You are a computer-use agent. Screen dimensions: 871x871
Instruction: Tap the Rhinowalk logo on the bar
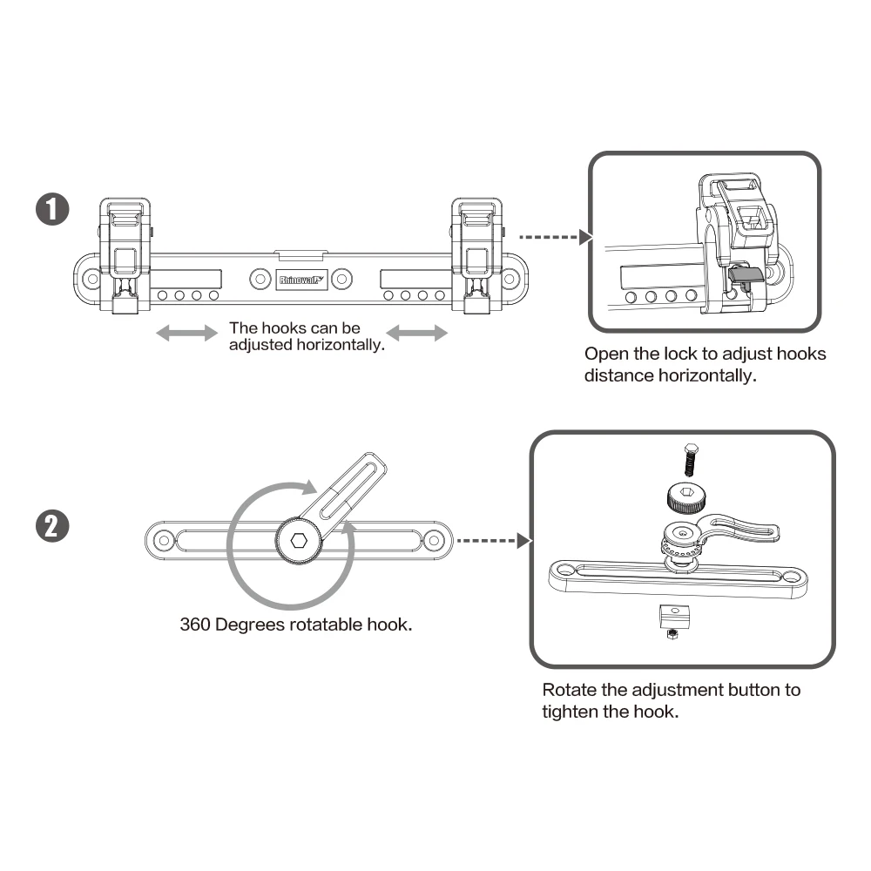tap(300, 280)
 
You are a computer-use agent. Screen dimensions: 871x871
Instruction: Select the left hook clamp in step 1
tap(125, 254)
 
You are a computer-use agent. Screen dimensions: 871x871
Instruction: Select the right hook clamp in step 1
tap(476, 254)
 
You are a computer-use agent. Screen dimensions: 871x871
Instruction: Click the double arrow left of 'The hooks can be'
tap(187, 334)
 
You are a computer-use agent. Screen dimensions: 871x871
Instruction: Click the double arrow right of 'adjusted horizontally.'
tap(416, 334)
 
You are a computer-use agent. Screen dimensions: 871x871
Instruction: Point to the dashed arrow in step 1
tap(548, 237)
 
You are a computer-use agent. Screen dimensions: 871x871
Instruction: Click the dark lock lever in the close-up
tap(743, 275)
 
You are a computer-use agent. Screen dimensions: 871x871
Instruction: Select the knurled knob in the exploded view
tap(686, 497)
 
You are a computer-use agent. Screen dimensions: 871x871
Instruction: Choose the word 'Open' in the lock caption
tap(604, 354)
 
